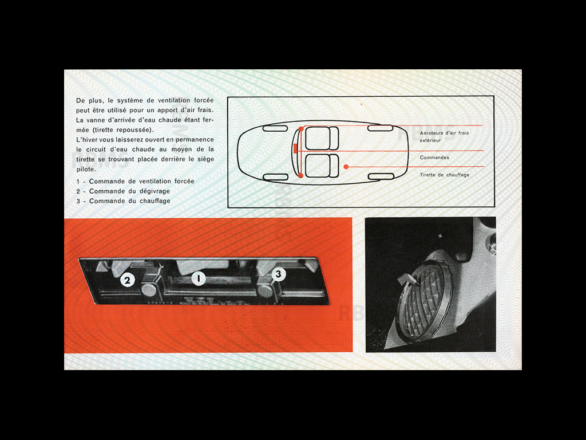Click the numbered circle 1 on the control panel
[x=199, y=279]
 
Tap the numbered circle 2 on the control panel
[x=128, y=281]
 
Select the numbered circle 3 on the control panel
[x=278, y=274]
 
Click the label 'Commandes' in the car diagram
[x=434, y=158]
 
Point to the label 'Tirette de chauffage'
[x=445, y=175]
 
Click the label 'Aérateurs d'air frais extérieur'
[x=444, y=136]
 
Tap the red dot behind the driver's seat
[x=346, y=167]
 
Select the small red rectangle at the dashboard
[x=295, y=149]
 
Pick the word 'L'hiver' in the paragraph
[x=86, y=140]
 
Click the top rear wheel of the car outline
[x=380, y=128]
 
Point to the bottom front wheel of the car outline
[x=275, y=176]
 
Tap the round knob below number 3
[x=265, y=289]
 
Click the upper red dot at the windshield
[x=301, y=129]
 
